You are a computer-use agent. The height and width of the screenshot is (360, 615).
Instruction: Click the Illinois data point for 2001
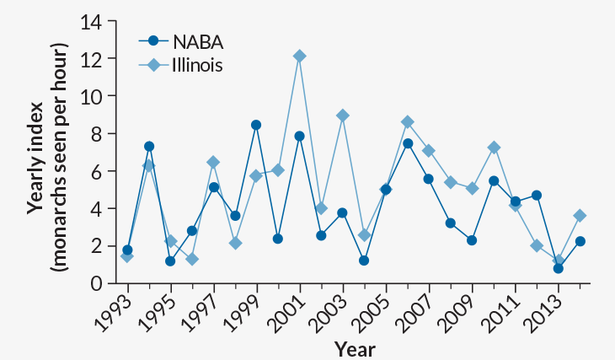[x=299, y=56]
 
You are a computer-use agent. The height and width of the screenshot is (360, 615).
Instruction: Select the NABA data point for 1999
[x=256, y=125]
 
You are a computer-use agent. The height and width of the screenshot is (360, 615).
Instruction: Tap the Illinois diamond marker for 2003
[x=342, y=116]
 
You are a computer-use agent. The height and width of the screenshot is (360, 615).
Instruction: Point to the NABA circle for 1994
[x=149, y=147]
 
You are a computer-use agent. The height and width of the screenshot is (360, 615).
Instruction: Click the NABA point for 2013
[x=558, y=268]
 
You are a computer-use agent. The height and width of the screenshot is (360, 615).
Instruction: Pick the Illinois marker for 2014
[x=580, y=216]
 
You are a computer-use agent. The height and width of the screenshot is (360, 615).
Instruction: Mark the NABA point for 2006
[x=407, y=143]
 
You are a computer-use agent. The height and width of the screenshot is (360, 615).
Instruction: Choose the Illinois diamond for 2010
[x=494, y=148]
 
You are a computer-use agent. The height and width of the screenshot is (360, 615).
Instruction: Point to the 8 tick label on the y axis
[x=96, y=133]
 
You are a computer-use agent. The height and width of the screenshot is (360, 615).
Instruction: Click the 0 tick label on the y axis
[x=96, y=282]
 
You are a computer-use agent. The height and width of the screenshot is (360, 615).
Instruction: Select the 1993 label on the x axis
[x=115, y=309]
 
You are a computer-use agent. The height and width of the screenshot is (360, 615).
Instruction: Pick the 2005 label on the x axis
[x=373, y=309]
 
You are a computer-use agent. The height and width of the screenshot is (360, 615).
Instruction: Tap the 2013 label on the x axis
[x=545, y=309]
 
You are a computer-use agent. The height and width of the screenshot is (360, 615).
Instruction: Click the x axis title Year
[x=354, y=348]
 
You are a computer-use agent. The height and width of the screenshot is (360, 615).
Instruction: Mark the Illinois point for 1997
[x=213, y=162]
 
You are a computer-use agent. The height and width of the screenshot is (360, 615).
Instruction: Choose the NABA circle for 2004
[x=364, y=261]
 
